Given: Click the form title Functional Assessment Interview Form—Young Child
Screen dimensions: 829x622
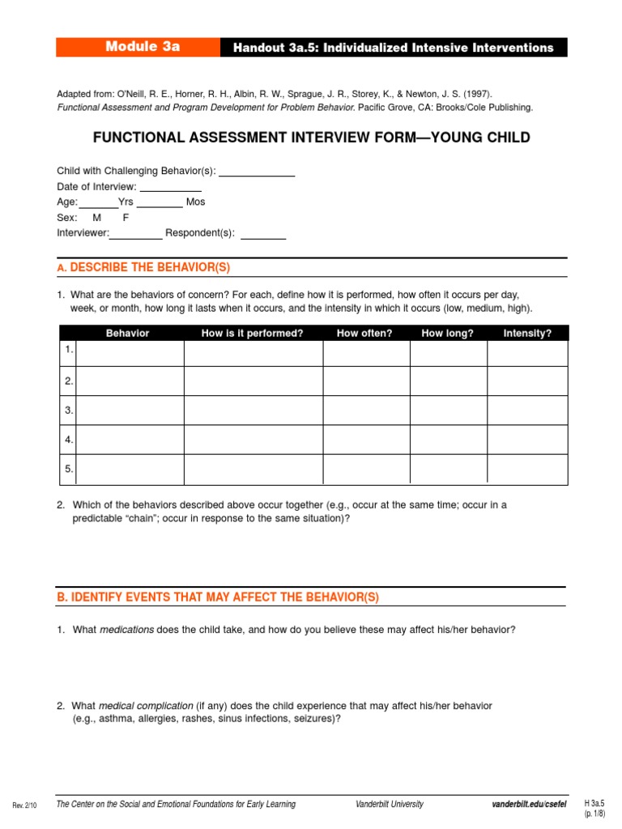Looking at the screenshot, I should pyautogui.click(x=312, y=138).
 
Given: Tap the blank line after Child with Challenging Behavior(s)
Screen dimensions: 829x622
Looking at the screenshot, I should pyautogui.click(x=257, y=172).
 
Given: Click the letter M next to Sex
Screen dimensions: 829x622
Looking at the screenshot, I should pyautogui.click(x=97, y=218).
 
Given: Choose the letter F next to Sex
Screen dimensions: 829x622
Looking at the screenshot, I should pyautogui.click(x=126, y=218).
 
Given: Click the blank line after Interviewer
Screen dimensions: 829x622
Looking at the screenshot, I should pyautogui.click(x=136, y=235).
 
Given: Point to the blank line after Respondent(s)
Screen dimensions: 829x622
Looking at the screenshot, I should pyautogui.click(x=263, y=235).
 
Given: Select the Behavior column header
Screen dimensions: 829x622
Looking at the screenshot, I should pyautogui.click(x=127, y=334).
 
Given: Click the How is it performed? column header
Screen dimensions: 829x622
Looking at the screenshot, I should pyautogui.click(x=252, y=334).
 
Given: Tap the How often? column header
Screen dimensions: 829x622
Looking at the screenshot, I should pyautogui.click(x=364, y=334).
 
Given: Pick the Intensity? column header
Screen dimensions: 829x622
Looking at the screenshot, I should pyautogui.click(x=526, y=334).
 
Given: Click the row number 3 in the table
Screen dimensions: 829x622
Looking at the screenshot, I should pyautogui.click(x=69, y=410).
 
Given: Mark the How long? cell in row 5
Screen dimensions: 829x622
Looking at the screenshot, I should pyautogui.click(x=448, y=470).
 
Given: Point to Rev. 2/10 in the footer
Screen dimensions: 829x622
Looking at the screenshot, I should pyautogui.click(x=26, y=806).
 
